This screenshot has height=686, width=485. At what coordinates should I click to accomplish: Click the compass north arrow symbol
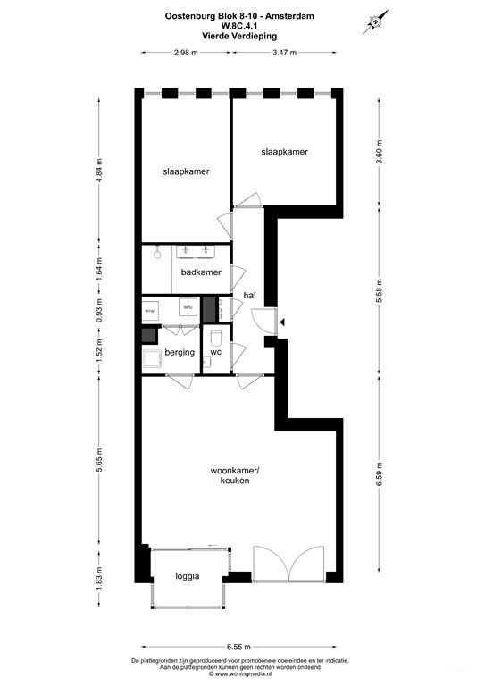pyautogui.click(x=376, y=21)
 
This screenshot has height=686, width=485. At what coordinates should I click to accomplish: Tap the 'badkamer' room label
pyautogui.click(x=201, y=272)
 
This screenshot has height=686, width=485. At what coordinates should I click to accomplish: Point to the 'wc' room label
pyautogui.click(x=215, y=353)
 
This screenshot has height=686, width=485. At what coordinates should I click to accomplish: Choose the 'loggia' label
pyautogui.click(x=187, y=576)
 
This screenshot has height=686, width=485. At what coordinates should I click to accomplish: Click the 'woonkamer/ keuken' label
pyautogui.click(x=230, y=475)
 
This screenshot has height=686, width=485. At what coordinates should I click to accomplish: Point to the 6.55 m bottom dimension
pyautogui.click(x=238, y=647)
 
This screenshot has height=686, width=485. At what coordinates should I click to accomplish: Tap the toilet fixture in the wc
pyautogui.click(x=216, y=339)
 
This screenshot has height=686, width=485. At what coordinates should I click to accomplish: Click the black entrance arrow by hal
pyautogui.click(x=281, y=321)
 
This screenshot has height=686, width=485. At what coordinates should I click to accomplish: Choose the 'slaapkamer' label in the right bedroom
pyautogui.click(x=284, y=152)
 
